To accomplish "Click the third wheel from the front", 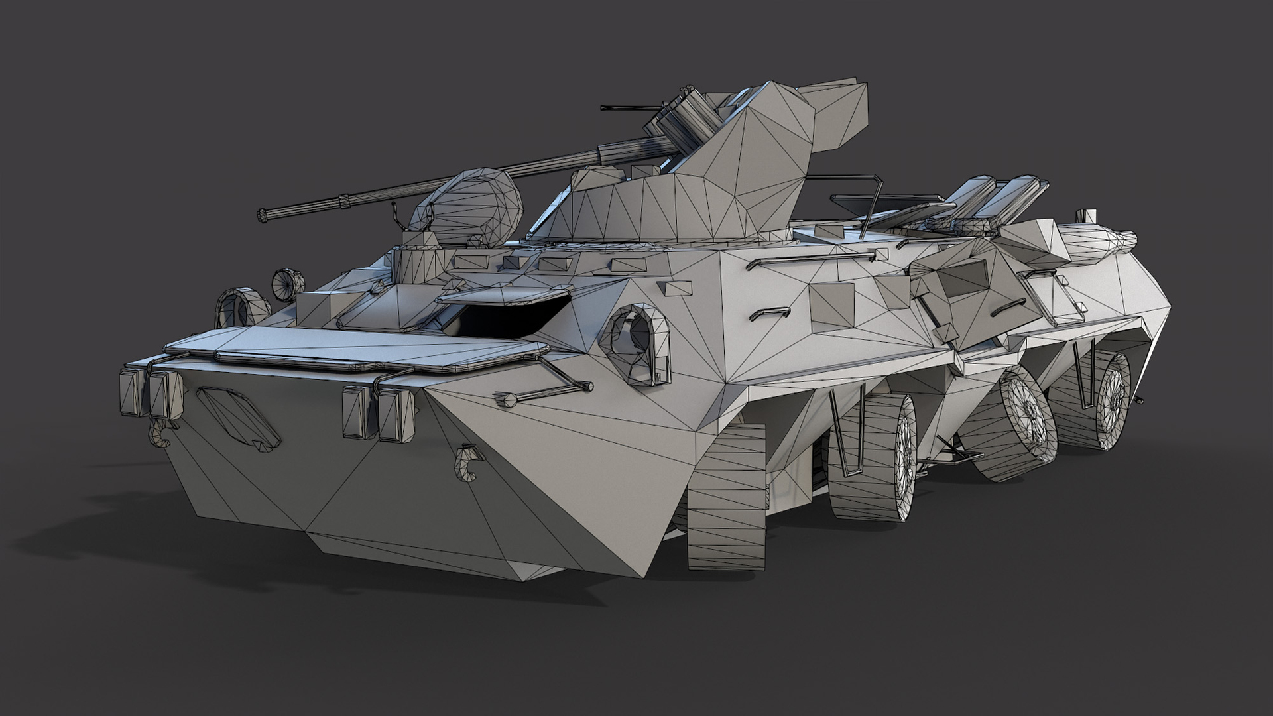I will [x=1014, y=424].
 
